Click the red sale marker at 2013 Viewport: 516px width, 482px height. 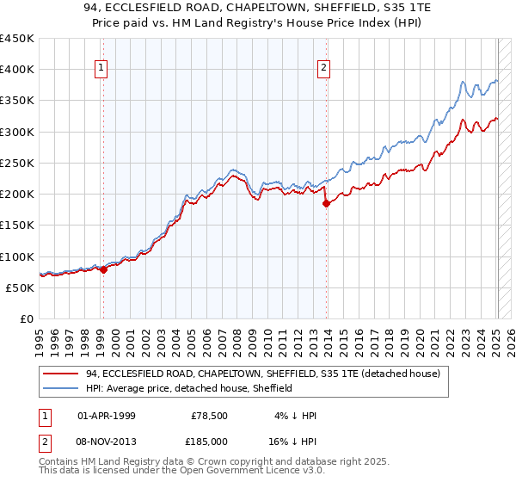click(x=326, y=204)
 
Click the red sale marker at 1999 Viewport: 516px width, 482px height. click(x=103, y=269)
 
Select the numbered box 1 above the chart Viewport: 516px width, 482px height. click(x=101, y=69)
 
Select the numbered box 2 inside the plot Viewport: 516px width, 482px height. click(x=324, y=69)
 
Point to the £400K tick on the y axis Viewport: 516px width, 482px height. click(x=17, y=70)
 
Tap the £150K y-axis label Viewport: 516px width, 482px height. click(x=17, y=226)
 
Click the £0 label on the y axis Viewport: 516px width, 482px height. click(x=27, y=319)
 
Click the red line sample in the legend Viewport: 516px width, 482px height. click(x=61, y=374)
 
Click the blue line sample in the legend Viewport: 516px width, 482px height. click(x=61, y=388)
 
